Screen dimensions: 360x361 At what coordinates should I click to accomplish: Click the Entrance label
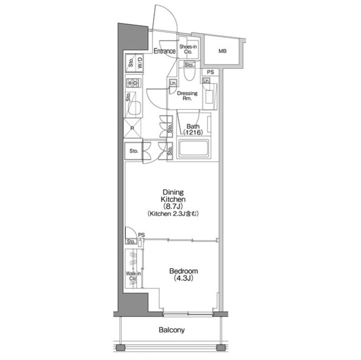tap(164, 52)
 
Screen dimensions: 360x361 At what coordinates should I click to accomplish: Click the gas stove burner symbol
tap(134, 84)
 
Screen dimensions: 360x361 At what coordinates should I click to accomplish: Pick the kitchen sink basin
tap(134, 108)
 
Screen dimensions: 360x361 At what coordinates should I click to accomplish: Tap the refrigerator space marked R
tap(133, 128)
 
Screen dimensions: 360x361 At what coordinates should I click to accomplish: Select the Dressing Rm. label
tap(187, 95)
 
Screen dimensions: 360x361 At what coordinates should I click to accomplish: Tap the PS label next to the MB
tap(210, 72)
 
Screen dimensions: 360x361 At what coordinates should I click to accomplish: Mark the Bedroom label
tap(184, 270)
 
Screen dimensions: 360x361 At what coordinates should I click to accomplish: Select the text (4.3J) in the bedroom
tap(184, 278)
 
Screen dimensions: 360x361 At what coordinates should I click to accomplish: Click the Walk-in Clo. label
tap(133, 275)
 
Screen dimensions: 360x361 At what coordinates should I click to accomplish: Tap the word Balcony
tap(171, 331)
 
